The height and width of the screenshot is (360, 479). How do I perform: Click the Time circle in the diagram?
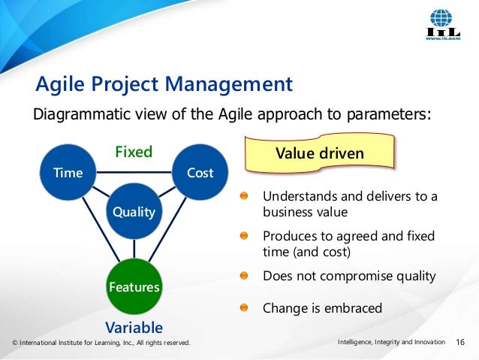pos(68,173)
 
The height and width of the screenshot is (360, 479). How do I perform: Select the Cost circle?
pos(200,173)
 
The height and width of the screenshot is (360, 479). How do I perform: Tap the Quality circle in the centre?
pos(134,211)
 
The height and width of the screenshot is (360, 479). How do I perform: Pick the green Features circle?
pos(134,286)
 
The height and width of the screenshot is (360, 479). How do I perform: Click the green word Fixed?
pos(134,152)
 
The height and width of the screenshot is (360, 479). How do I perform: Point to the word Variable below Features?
pos(134,328)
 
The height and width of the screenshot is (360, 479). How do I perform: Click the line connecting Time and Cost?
pos(134,172)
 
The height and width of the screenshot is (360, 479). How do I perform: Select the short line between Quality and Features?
pos(134,249)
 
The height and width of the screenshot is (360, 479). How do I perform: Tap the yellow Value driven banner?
pos(320,153)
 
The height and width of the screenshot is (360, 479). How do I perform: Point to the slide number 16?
pos(460,342)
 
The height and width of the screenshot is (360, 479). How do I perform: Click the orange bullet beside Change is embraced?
pos(244,307)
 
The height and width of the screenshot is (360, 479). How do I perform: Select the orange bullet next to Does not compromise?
pos(244,276)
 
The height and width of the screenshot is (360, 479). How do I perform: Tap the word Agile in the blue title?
pos(60,84)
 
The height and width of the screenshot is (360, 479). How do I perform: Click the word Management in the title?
pos(229,84)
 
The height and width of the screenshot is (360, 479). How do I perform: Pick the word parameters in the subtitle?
pos(389,115)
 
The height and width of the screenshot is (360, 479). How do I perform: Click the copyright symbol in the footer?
pos(15,343)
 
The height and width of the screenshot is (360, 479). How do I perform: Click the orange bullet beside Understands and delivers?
pos(244,195)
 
